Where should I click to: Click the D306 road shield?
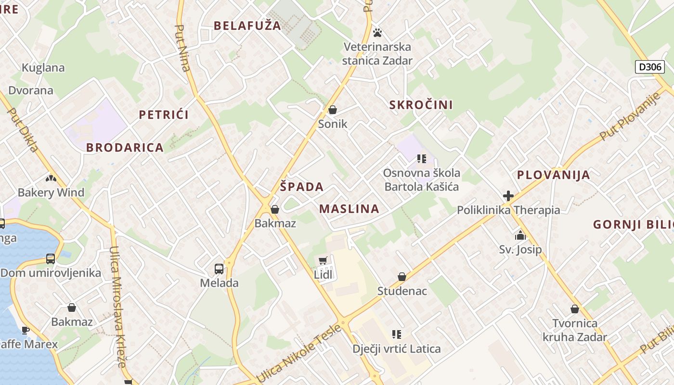pos(649,67)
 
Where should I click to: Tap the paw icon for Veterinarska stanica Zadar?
pos(377,33)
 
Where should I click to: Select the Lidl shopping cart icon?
pos(323,261)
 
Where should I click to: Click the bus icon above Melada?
pos(219,269)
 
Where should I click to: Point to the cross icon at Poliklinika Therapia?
pos(508,196)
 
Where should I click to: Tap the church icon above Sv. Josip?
pos(520,236)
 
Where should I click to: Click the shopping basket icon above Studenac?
pos(402,277)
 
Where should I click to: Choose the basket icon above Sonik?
pos(332,110)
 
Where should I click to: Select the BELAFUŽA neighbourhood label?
pos(247,26)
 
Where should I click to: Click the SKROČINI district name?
pos(421,105)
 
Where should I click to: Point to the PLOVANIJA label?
pos(553,175)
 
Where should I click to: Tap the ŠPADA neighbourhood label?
pos(302,187)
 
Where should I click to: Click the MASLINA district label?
pos(349,209)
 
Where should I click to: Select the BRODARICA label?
pos(125,148)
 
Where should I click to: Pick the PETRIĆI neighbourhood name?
pos(164,115)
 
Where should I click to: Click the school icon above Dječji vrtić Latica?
pos(396,334)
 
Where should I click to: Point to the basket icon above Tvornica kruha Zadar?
pos(574,309)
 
